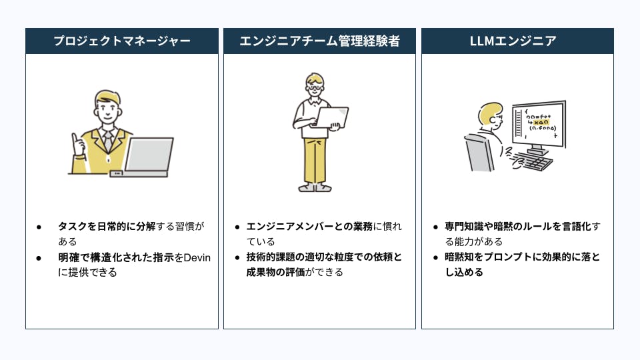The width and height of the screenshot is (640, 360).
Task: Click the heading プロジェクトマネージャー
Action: click(122, 41)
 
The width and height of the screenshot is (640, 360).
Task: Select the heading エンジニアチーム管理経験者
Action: click(319, 41)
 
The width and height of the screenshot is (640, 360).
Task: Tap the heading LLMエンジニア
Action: click(513, 41)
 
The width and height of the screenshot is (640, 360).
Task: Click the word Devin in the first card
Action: click(197, 257)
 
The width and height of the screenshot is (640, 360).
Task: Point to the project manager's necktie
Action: click(108, 141)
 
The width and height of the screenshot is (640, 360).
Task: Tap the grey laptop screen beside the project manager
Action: click(149, 154)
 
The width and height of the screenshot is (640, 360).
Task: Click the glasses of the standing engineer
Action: click(315, 87)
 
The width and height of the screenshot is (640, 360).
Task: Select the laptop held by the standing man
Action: click(330, 118)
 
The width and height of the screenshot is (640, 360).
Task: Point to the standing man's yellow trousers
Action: click(315, 161)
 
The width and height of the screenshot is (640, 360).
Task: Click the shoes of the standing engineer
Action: click(315, 188)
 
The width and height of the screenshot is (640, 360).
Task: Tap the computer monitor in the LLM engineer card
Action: click(539, 126)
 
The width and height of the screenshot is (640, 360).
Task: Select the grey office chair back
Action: click(479, 153)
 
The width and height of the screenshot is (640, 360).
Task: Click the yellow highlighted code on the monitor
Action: click(541, 122)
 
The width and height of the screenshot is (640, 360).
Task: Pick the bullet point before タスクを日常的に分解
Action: click(39, 227)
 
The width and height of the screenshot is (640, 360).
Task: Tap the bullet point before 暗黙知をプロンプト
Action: click(435, 257)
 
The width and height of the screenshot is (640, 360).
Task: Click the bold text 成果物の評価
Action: click(275, 272)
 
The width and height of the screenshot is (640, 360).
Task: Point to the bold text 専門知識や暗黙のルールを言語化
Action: click(518, 227)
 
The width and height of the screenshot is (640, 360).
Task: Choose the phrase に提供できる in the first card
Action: click(87, 272)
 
